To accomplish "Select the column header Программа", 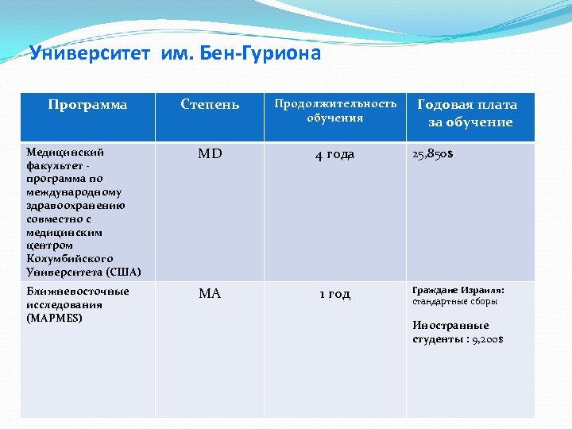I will point(87,105).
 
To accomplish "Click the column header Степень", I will point(210,105).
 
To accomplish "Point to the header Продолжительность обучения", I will point(335,111).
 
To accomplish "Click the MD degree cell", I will point(210,154).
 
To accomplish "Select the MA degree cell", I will point(210,294).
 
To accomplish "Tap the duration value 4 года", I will point(334,154).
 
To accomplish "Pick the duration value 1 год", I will point(334,294).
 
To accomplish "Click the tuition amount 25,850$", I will point(433,153).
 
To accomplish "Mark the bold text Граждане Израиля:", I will point(458,290).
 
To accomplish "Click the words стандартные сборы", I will point(454,302).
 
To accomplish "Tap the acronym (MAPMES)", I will point(54,318).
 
